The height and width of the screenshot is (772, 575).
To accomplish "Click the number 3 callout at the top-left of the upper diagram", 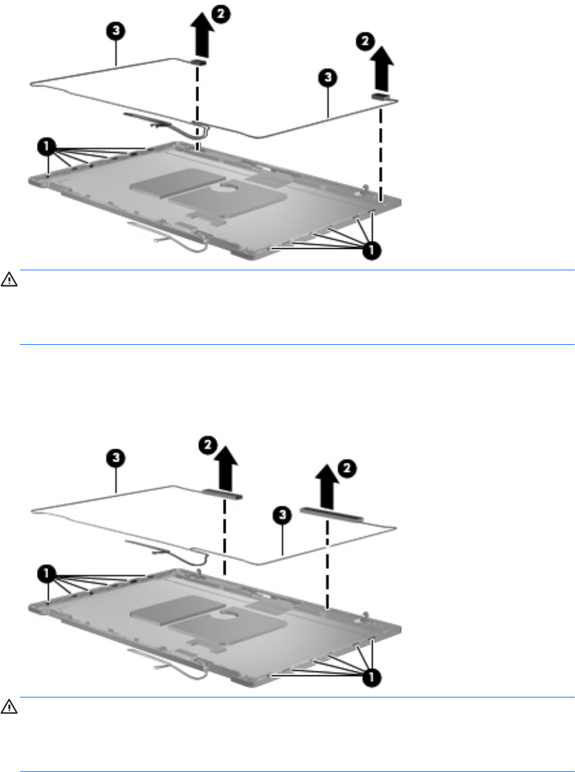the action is [115, 31].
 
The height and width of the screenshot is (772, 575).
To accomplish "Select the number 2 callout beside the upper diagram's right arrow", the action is [365, 41].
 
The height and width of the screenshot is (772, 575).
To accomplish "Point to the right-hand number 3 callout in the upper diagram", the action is [328, 78].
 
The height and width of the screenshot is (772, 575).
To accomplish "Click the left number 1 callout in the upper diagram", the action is [46, 146].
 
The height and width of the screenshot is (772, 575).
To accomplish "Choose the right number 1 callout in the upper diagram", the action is [371, 251].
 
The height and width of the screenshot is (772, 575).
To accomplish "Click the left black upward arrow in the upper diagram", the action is [202, 37].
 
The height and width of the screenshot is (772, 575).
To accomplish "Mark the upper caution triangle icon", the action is [9, 280].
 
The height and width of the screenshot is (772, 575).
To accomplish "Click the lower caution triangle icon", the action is [9, 707].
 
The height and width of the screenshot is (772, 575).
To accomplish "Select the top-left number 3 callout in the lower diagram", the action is [115, 458].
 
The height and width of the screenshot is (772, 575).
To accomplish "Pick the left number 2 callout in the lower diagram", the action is [207, 445].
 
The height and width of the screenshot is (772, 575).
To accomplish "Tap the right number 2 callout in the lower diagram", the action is [347, 468].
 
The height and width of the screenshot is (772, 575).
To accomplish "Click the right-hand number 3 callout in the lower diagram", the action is [282, 515].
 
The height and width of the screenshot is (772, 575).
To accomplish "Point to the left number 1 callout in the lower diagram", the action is [46, 573].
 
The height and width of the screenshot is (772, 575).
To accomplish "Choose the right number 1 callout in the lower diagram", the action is [371, 678].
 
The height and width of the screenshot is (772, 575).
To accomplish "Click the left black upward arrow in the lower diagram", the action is [226, 468].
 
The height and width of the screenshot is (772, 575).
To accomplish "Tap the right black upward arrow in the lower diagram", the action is [327, 487].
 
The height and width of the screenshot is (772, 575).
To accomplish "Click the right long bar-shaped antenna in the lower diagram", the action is [331, 514].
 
